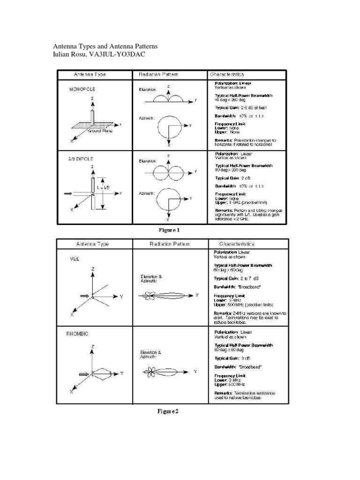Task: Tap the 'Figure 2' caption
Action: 167,412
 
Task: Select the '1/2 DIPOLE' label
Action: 81,159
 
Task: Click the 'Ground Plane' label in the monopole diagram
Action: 100,131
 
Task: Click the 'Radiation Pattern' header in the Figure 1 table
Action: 158,74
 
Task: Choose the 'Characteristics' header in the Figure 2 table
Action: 237,244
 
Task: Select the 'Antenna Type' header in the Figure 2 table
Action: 92,244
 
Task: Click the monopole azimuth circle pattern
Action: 169,126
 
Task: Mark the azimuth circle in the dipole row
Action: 168,199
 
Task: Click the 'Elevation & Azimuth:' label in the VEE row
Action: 150,278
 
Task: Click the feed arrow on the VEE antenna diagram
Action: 85,296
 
